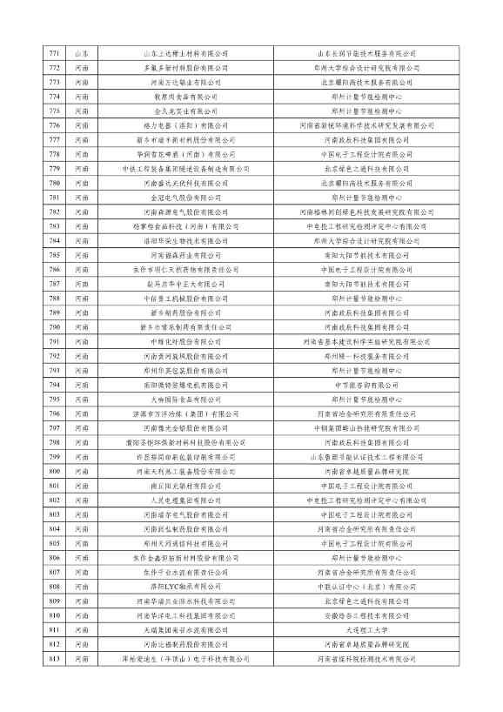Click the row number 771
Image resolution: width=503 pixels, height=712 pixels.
pos(55,54)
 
